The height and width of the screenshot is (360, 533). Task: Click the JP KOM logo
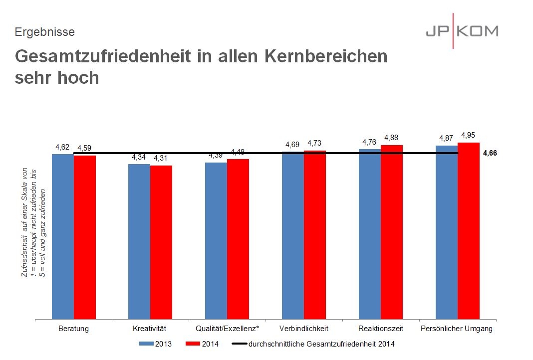pyautogui.click(x=462, y=31)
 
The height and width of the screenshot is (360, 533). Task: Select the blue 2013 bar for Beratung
pyautogui.click(x=63, y=236)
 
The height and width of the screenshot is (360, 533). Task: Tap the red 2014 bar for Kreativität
pyautogui.click(x=161, y=242)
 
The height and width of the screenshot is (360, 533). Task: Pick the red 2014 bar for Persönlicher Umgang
pyautogui.click(x=469, y=231)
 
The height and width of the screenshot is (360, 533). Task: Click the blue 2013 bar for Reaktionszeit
pyautogui.click(x=370, y=234)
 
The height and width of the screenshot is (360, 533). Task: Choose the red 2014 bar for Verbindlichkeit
pyautogui.click(x=315, y=234)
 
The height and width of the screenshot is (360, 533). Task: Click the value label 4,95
pyautogui.click(x=469, y=135)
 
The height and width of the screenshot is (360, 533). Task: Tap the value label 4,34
pyautogui.click(x=139, y=157)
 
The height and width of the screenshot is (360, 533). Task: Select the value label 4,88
pyautogui.click(x=392, y=138)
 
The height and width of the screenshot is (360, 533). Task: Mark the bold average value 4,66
pyautogui.click(x=490, y=154)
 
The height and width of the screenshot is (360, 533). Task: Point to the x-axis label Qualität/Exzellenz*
pyautogui.click(x=227, y=329)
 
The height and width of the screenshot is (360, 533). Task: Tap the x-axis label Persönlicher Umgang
pyautogui.click(x=457, y=329)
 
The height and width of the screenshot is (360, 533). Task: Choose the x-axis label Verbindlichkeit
pyautogui.click(x=304, y=329)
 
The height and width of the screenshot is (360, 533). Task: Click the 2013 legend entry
pyautogui.click(x=155, y=344)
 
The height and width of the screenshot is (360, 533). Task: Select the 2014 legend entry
pyautogui.click(x=202, y=344)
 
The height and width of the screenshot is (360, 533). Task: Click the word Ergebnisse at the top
pyautogui.click(x=45, y=32)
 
